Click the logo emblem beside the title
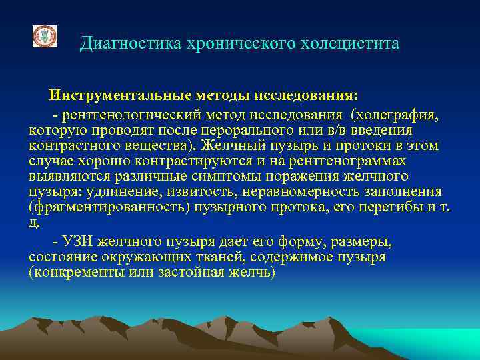click(45, 37)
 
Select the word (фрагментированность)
click(106, 207)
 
